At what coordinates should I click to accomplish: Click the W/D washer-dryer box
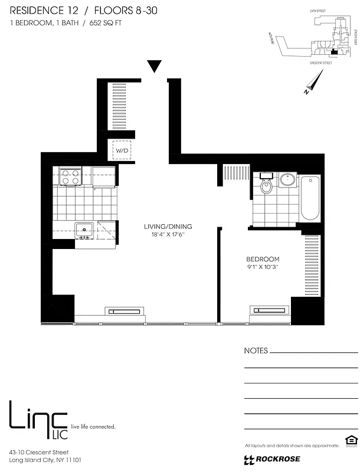122,150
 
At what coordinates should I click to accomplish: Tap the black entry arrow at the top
154,66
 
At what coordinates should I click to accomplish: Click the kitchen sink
83,230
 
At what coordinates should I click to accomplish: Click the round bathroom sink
289,179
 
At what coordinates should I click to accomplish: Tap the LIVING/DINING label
168,227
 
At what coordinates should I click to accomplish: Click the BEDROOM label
263,259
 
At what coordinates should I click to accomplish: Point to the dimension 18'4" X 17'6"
168,235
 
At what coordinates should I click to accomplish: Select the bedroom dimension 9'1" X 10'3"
263,267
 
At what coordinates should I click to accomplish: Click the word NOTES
256,350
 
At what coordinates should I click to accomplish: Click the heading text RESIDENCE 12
41,11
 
